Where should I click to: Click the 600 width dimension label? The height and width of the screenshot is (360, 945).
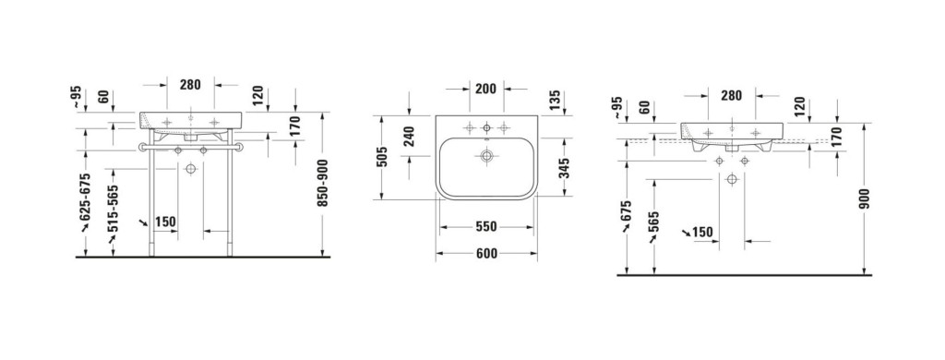pos(485,254)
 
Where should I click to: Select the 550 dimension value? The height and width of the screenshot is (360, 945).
pos(485,227)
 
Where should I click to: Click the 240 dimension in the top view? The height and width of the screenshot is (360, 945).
pos(409,137)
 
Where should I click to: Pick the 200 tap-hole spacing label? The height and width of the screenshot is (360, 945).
pos(485,90)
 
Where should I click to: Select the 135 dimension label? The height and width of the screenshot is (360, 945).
pos(555,101)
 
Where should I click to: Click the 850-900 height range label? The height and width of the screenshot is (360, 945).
pos(323,184)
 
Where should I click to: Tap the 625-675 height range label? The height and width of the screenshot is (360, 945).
pos(86,197)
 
